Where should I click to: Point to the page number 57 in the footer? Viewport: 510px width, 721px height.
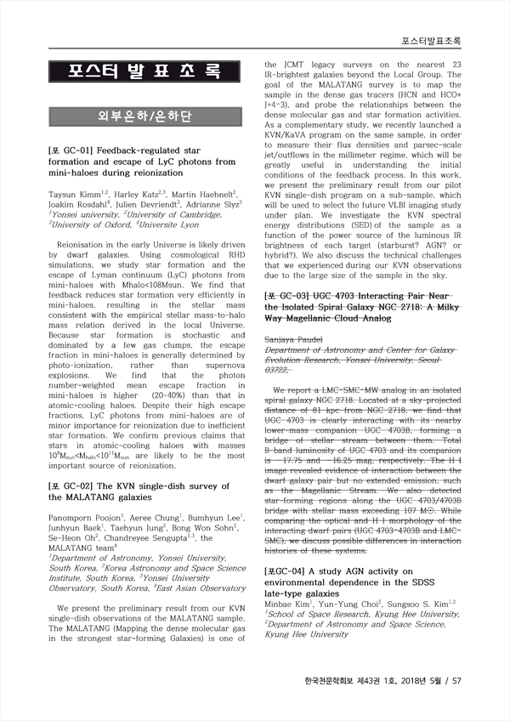pyautogui.click(x=456, y=680)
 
